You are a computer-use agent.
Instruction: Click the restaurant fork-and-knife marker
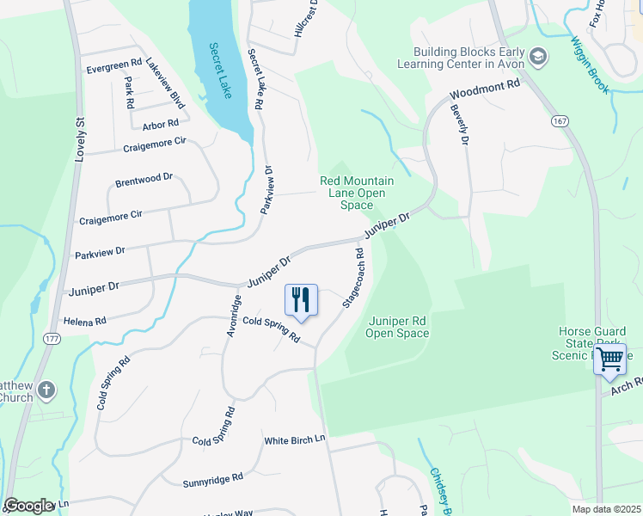[301, 300]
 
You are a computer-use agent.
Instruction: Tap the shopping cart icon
[609, 360]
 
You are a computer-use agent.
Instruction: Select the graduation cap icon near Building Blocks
[538, 58]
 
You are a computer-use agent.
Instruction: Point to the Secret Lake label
[221, 71]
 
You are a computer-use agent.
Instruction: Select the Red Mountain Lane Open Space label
[357, 193]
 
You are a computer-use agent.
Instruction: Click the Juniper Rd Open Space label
[397, 327]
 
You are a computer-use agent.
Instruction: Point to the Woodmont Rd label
[486, 89]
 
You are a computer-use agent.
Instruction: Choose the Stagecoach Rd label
[354, 279]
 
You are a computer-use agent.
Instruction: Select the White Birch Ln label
[297, 439]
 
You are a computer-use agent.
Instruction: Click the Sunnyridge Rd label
[212, 479]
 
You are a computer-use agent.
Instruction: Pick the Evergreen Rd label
[113, 64]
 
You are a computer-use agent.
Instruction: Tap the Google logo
[29, 506]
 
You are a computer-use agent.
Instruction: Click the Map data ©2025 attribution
[606, 509]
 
